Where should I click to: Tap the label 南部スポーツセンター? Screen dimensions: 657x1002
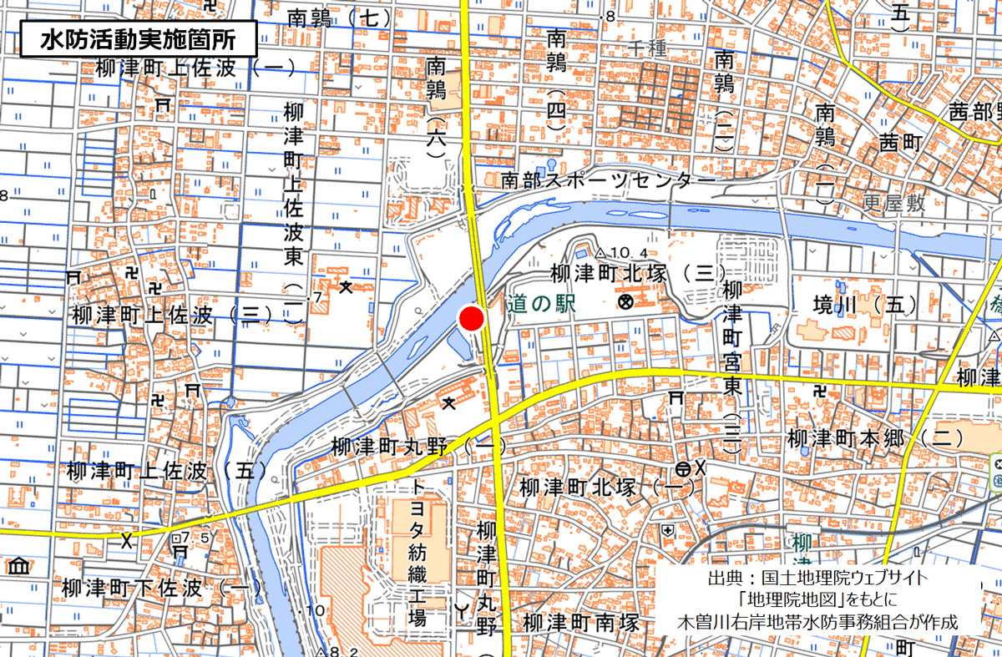(609, 179)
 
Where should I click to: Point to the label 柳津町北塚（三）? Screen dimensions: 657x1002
(638, 273)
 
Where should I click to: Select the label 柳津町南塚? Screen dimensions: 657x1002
(581, 623)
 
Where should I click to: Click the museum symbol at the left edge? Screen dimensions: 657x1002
(18, 566)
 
